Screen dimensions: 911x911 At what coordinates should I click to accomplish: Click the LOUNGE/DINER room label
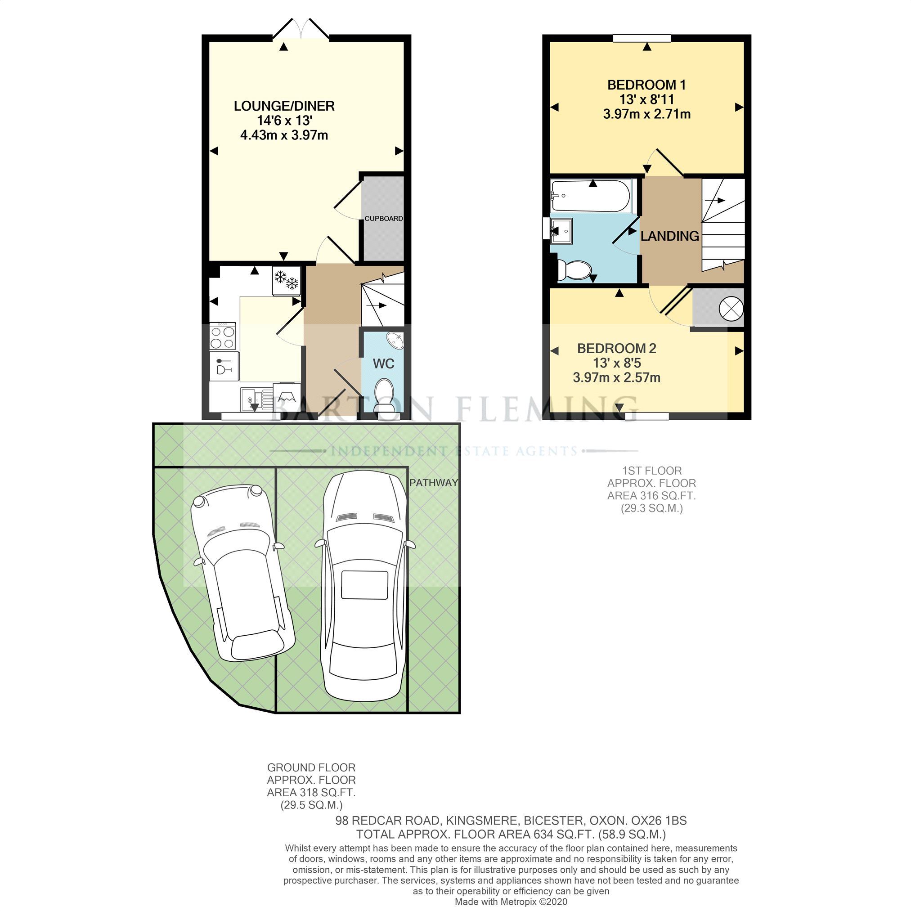284,106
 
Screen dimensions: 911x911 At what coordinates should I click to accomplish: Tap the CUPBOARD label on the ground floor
383,218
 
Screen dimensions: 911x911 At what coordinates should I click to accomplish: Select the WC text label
383,364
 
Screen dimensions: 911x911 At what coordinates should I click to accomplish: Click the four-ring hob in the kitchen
222,336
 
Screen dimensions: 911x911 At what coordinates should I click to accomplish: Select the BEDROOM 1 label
646,85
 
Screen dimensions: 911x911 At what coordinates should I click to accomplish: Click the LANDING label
669,236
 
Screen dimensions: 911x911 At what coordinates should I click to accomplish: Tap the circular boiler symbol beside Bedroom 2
731,309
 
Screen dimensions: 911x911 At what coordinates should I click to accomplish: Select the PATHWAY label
433,483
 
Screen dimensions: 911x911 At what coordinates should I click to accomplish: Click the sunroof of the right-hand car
364,585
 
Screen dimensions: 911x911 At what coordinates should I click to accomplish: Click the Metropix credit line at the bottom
511,902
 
